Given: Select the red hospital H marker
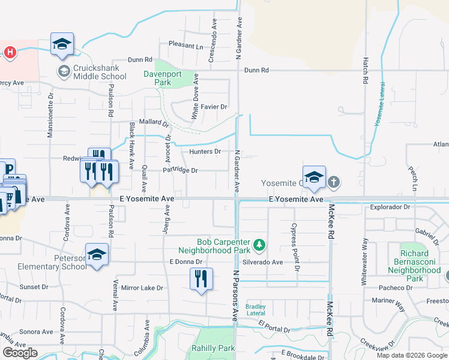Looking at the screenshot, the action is (10, 52).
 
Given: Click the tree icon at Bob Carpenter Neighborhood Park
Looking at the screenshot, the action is (259, 244).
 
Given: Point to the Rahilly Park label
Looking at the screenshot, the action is (213, 348).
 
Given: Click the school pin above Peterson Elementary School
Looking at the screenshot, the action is (97, 255).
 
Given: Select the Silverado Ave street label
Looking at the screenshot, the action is (262, 262).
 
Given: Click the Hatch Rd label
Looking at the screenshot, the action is (365, 71).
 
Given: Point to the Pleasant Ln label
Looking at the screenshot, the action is (186, 45).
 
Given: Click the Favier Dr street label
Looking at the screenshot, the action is (214, 107).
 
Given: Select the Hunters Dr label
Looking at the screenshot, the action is (205, 152).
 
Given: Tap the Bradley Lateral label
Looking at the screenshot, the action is (256, 310).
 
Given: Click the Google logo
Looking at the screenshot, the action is (20, 353).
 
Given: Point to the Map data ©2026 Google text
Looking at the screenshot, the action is (412, 355).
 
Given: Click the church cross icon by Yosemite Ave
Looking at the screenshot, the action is (334, 182).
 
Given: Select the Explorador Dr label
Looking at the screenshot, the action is (390, 207).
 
